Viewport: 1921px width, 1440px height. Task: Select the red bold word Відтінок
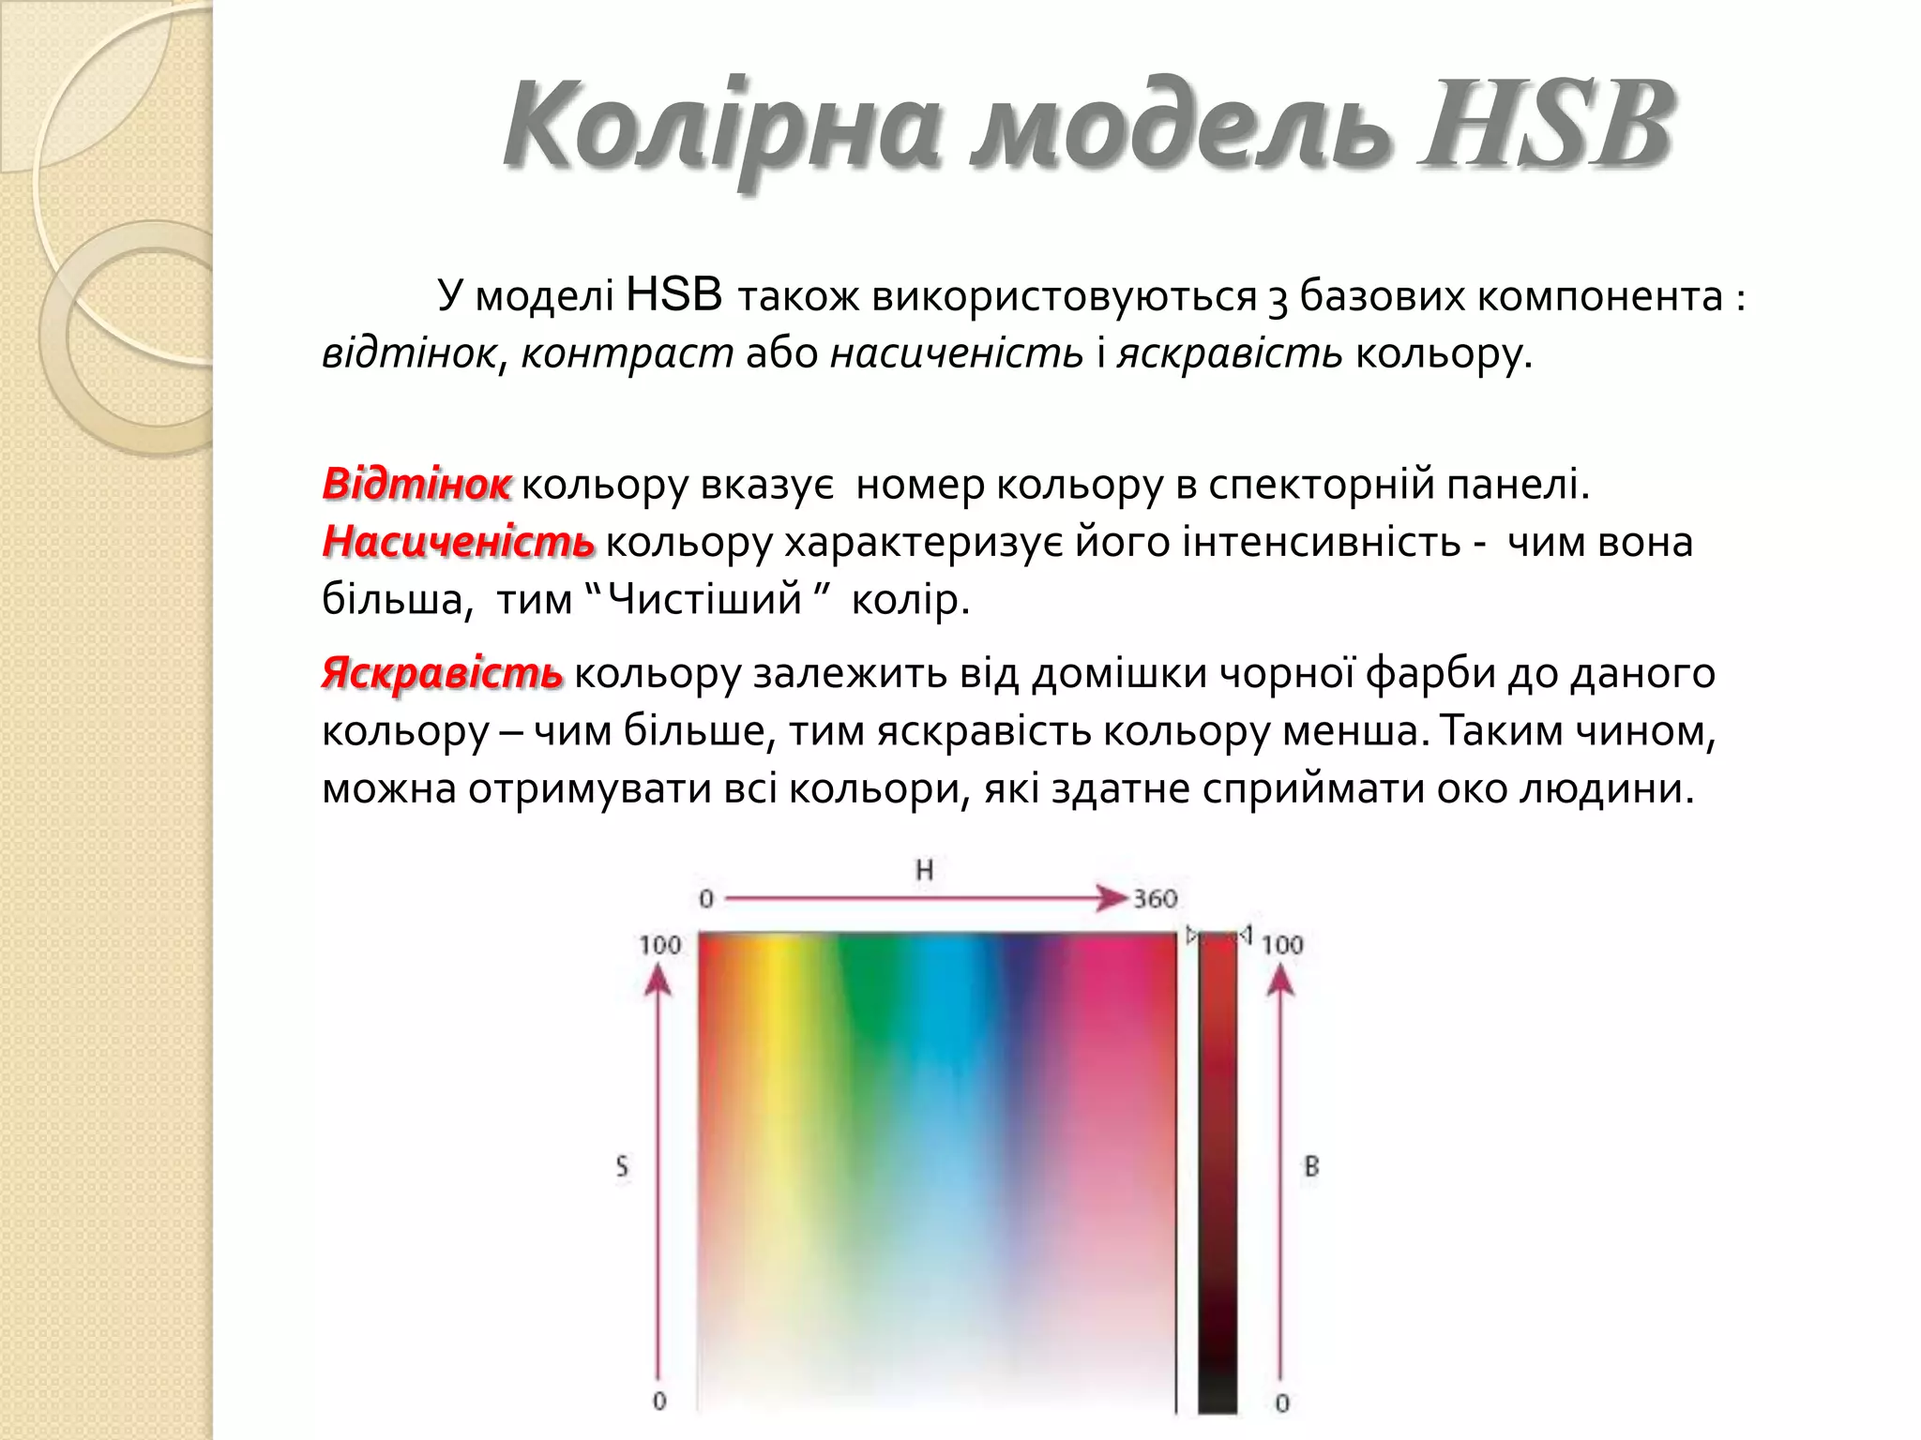[416, 485]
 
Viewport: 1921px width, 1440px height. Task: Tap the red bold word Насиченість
[459, 542]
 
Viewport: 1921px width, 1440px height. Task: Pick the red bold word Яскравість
[443, 673]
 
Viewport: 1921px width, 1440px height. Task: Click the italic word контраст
[627, 354]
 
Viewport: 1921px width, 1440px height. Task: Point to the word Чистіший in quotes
[704, 599]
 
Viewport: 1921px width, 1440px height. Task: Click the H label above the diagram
[925, 870]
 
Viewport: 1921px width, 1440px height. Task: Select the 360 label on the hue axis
[1155, 899]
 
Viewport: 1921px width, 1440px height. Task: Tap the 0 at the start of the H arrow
[706, 899]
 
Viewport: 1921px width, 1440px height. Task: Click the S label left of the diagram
[622, 1167]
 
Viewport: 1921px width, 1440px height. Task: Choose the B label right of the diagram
[1311, 1167]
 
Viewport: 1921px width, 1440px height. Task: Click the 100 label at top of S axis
[659, 944]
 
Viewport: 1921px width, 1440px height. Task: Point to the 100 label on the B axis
[1282, 944]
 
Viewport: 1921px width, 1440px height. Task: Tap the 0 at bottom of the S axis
[659, 1401]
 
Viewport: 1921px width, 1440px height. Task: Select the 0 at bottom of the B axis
[1282, 1402]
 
